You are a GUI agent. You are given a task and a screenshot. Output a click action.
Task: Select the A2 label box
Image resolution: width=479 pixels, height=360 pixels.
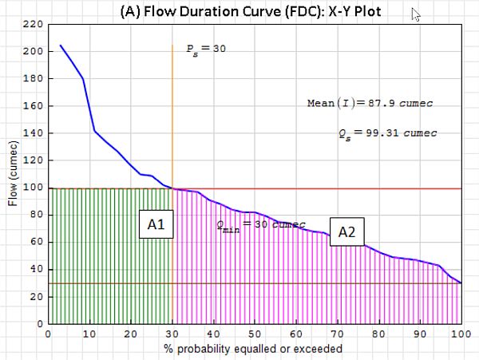[346, 232]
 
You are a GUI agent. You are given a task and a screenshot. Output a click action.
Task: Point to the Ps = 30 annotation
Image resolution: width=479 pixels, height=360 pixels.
[207, 49]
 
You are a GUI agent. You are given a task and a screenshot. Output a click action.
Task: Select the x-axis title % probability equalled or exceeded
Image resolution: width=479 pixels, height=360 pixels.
[255, 348]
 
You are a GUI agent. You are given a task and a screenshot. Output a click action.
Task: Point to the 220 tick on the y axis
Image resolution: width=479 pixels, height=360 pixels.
[33, 24]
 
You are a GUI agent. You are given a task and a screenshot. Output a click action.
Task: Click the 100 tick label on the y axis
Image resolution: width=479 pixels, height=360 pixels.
[33, 188]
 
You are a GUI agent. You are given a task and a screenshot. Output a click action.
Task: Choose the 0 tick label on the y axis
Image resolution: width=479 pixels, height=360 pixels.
[38, 324]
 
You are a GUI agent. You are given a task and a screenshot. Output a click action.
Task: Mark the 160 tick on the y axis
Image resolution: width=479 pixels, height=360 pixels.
[33, 106]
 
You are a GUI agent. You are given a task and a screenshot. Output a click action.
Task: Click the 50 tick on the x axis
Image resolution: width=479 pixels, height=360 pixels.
[255, 334]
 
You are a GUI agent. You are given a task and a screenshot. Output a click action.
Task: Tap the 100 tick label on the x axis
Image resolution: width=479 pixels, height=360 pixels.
[459, 334]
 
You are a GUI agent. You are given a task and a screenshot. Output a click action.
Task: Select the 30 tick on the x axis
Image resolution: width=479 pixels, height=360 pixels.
[172, 334]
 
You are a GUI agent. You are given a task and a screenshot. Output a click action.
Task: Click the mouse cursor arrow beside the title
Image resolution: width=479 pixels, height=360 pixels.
[416, 14]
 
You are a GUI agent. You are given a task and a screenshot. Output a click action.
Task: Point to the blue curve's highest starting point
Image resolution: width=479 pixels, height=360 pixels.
[61, 45]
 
